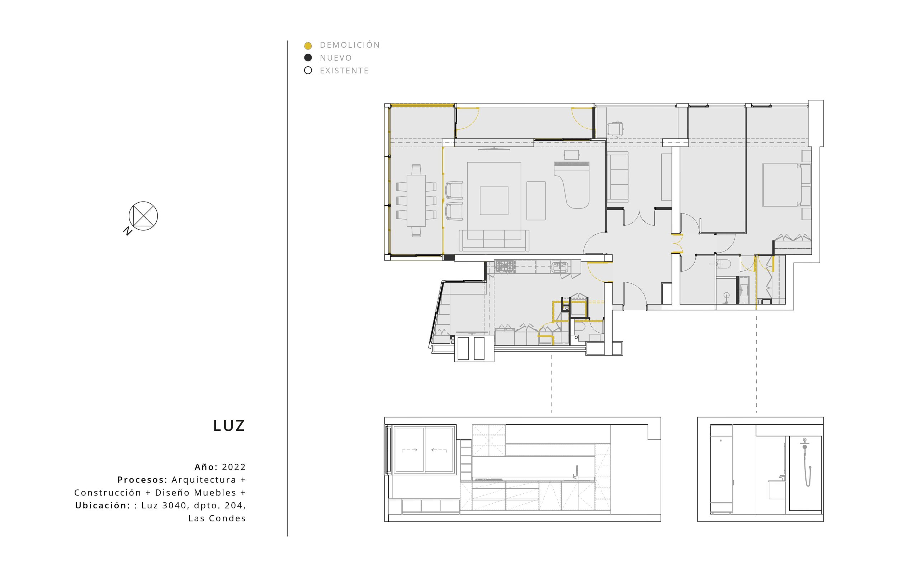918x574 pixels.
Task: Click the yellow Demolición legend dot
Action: [308, 46]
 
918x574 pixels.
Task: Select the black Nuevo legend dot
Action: [308, 58]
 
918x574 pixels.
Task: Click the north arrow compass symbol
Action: [143, 216]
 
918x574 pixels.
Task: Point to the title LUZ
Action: [229, 426]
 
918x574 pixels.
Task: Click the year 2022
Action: [234, 467]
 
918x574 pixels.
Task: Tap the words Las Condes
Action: [217, 519]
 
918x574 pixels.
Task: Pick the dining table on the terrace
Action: [416, 201]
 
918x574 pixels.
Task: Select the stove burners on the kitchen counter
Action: [504, 267]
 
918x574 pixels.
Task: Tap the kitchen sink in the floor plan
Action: [559, 267]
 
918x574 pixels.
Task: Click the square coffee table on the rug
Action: [494, 201]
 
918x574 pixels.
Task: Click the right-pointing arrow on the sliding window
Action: [410, 450]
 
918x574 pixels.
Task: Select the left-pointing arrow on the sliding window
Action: [439, 450]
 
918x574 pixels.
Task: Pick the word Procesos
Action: [143, 480]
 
